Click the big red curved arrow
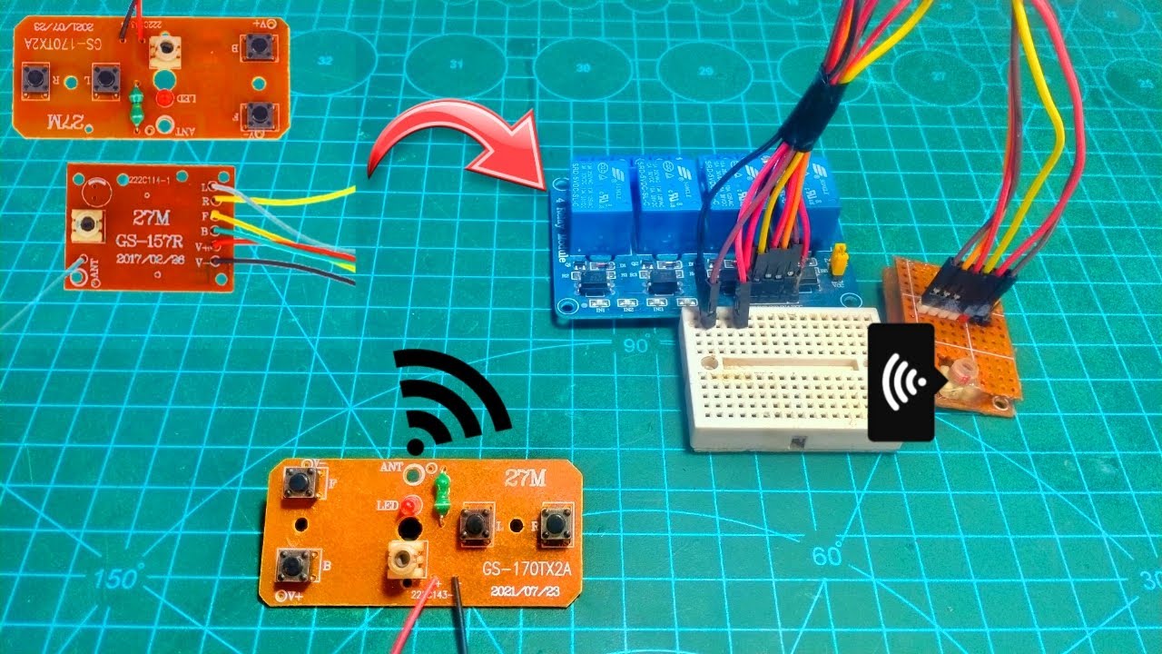(x=454, y=145)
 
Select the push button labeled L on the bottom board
(x=473, y=525)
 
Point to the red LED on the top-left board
(x=164, y=96)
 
